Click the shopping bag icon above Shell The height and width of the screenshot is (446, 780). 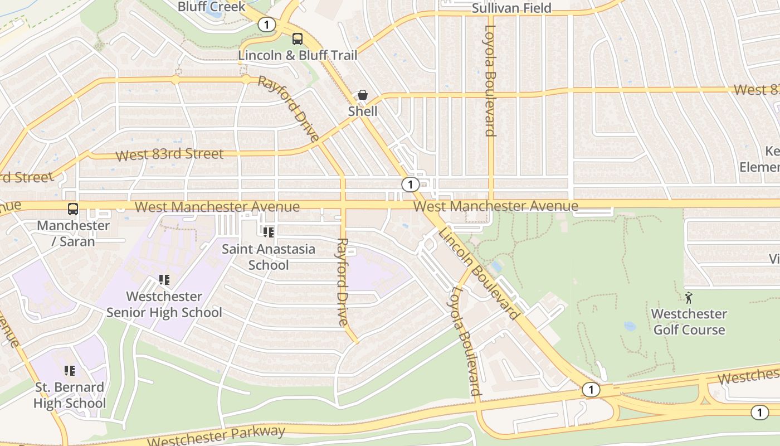coord(363,95)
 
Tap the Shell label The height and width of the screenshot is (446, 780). coord(363,111)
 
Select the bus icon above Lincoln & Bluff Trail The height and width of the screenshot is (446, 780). coord(298,39)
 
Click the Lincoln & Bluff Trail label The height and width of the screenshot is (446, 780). coord(298,55)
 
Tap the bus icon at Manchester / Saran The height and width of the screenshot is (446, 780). coord(73,209)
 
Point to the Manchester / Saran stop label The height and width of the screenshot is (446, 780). coord(74,234)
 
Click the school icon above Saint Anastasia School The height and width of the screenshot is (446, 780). coord(269,232)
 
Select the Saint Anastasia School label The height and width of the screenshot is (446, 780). coord(269,256)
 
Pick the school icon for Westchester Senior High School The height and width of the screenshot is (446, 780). coord(164,279)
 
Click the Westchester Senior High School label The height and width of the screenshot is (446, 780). coord(164,304)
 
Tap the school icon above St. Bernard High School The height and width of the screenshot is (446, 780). coord(70,370)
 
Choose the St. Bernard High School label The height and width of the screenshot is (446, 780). coord(70,395)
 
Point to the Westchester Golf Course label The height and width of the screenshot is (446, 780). coord(689,322)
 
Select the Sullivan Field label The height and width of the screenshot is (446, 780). coord(511,8)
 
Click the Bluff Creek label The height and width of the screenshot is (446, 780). coord(212,7)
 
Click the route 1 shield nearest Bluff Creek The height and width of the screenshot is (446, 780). coord(267,25)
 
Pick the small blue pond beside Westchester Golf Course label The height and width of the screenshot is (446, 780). coord(630,326)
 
